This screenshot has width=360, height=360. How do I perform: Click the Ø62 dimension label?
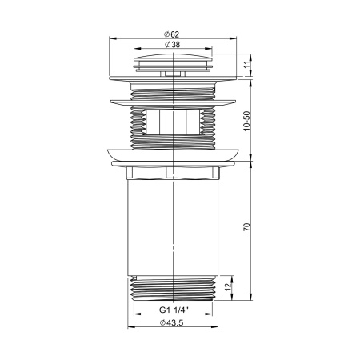(x=173, y=33)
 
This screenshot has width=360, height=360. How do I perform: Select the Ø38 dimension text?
(x=173, y=46)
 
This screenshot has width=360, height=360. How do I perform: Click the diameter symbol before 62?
(x=165, y=33)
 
